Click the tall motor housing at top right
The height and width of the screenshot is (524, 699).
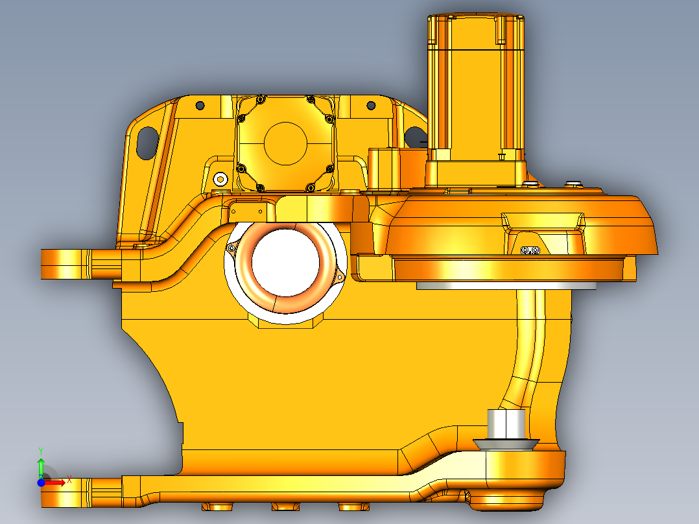[475, 91]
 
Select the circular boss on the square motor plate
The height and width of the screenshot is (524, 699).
[285, 143]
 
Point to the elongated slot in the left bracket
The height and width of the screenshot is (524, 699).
[147, 141]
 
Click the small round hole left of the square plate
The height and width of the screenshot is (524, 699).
[200, 104]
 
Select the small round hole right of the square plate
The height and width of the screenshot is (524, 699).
[371, 105]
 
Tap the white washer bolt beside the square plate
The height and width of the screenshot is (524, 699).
[221, 178]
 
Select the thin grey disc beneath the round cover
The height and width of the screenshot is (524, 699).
[506, 285]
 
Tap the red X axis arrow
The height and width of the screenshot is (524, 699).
[57, 482]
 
